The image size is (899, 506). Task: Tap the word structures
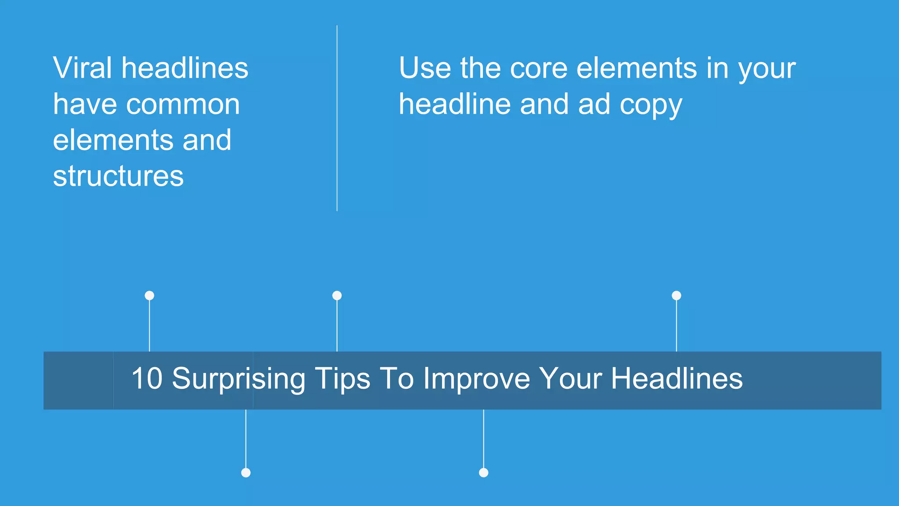tap(118, 176)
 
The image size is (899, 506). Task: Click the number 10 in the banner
tap(147, 378)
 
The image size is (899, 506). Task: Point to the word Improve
tap(477, 379)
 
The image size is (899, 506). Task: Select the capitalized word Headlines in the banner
tap(677, 378)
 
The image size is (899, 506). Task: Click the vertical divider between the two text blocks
tap(337, 118)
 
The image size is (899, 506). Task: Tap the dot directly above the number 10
tap(149, 296)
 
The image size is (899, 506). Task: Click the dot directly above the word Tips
tap(337, 296)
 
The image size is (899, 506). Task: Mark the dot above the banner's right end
tap(676, 296)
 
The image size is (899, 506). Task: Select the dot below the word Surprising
tap(246, 473)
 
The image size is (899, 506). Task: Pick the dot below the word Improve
tap(484, 473)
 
